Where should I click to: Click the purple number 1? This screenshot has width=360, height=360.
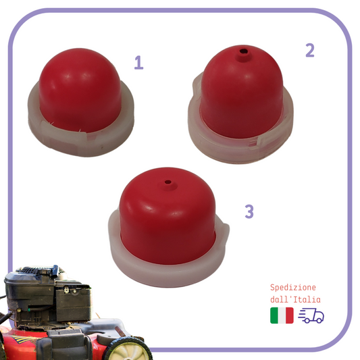(x=139, y=62)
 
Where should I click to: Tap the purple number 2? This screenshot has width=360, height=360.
(x=310, y=50)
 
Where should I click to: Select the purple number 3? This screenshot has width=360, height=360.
(x=249, y=211)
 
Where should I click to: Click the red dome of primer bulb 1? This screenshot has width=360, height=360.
(x=80, y=90)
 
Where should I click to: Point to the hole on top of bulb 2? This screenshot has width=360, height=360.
(x=243, y=51)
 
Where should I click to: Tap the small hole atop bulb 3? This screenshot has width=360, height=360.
(x=168, y=182)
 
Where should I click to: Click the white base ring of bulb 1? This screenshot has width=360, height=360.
(x=80, y=143)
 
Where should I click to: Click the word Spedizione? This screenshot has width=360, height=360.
(x=293, y=288)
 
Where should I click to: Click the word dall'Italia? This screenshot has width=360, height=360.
(x=295, y=299)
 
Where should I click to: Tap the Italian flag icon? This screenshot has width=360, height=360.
(x=282, y=315)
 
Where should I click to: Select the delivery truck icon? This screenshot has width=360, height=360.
(x=311, y=315)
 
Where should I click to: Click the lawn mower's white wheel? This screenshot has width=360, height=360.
(x=128, y=350)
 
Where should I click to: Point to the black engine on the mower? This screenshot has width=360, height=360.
(x=47, y=297)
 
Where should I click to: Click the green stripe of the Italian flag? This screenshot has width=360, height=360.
(x=274, y=315)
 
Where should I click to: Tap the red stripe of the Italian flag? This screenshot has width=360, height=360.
(x=290, y=315)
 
